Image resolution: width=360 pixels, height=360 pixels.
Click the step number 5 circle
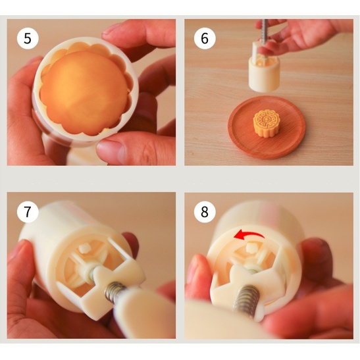click(x=28, y=38)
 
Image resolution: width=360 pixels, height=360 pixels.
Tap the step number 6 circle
click(x=205, y=38)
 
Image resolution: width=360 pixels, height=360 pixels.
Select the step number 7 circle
click(x=28, y=211)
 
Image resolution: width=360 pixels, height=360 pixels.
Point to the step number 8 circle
click(x=205, y=211)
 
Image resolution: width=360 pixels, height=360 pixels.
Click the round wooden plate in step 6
click(x=267, y=128)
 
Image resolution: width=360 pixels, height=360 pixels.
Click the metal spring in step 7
click(x=114, y=292)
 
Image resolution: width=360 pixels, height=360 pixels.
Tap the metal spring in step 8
click(x=247, y=299)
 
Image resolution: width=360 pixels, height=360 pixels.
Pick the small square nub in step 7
click(x=84, y=249)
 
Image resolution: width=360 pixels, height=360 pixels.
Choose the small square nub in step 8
click(x=251, y=247)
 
